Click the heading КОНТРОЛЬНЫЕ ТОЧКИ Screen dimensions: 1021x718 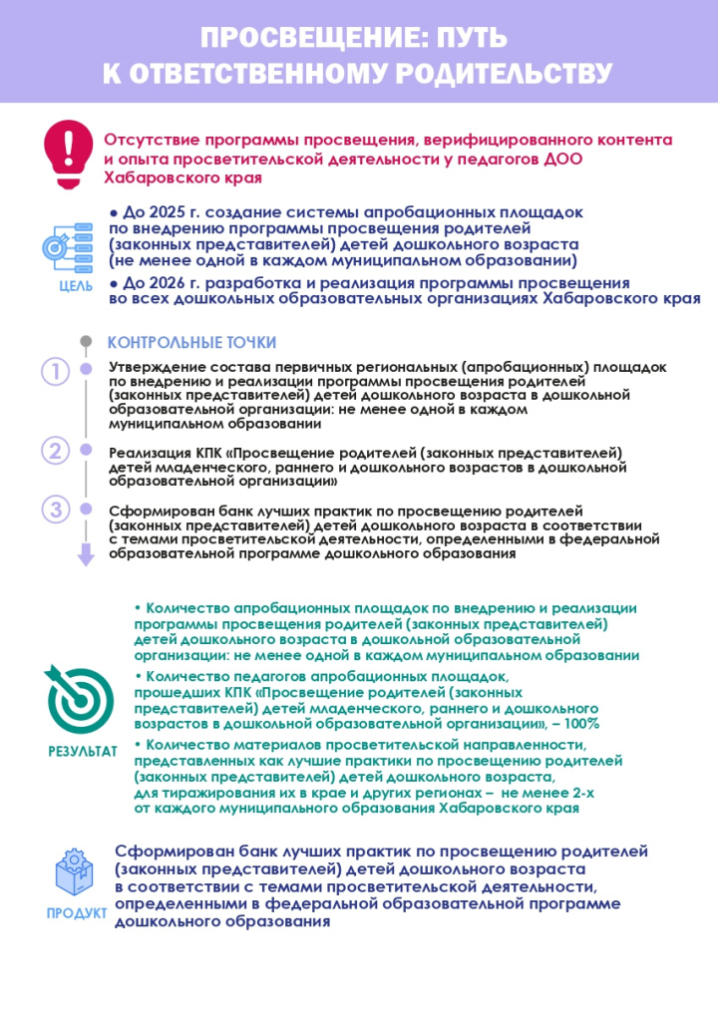coord(191,343)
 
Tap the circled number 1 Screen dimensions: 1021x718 coord(55,373)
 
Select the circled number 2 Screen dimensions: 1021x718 coord(55,451)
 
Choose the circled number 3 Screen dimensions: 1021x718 coord(55,510)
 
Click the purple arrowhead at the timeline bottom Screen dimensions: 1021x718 coord(86,558)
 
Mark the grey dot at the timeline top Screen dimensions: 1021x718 coord(86,342)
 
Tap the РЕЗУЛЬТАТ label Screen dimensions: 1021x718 coord(82,750)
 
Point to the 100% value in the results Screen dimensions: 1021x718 coord(580,724)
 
